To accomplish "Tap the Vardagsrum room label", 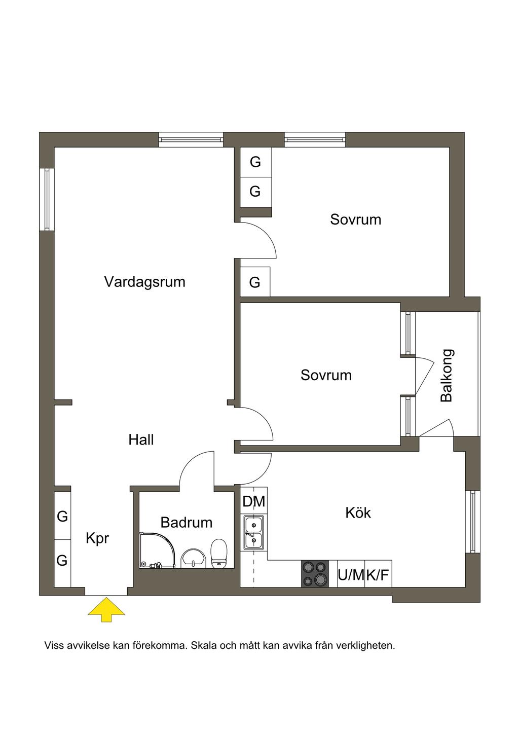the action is (144, 282).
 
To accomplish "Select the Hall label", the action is (141, 440).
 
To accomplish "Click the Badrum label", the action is (187, 522).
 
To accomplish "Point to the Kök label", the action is (358, 512).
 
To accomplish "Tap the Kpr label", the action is (97, 539).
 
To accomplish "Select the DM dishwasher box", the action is (253, 501).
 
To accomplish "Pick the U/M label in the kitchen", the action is (351, 575).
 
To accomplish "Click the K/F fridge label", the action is (378, 575).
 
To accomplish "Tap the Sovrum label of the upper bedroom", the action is (355, 219).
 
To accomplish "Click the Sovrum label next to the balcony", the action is (326, 375).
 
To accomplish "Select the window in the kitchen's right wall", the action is (472, 522).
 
